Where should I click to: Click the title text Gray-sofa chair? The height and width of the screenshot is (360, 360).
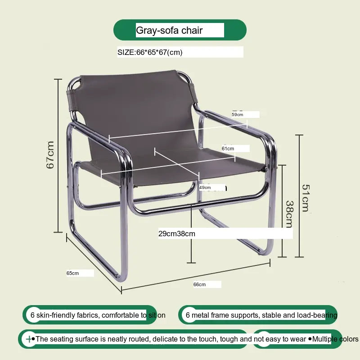[x=169, y=31]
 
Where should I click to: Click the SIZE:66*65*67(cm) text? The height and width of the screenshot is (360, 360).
[x=150, y=52]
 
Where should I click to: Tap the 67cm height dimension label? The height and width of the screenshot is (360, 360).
[x=50, y=155]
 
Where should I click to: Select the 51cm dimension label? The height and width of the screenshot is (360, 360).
[x=306, y=198]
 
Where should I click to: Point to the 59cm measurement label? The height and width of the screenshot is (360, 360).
[x=238, y=115]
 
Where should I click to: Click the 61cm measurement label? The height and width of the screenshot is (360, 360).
[x=228, y=148]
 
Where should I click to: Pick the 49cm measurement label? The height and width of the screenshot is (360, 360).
[x=205, y=188]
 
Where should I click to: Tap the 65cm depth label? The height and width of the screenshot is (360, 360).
[x=72, y=273]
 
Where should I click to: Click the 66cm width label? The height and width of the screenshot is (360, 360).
[x=199, y=284]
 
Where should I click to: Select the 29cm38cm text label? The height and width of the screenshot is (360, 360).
[x=177, y=234]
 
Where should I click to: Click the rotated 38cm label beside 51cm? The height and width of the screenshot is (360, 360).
[x=290, y=214]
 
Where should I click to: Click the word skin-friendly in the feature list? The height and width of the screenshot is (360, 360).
[x=56, y=315]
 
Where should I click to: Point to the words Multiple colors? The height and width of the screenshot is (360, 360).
[x=335, y=339]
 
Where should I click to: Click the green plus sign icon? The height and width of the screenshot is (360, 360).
[x=29, y=339]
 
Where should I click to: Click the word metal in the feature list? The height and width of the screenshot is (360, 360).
[x=199, y=315]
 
